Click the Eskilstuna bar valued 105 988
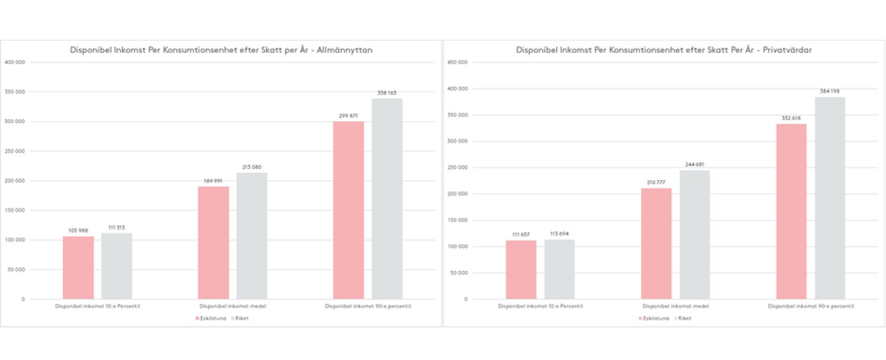click(78, 268)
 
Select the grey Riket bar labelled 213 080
click(252, 236)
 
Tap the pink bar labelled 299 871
click(348, 210)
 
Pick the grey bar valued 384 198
click(830, 198)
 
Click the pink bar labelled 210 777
click(656, 244)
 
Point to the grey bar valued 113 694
click(559, 270)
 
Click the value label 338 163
click(387, 93)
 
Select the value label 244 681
click(695, 165)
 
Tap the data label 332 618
click(791, 118)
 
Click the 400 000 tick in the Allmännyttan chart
click(15, 62)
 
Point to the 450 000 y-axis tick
click(458, 62)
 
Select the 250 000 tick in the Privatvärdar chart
click(458, 167)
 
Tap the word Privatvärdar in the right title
click(789, 50)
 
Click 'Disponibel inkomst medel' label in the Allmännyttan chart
click(233, 306)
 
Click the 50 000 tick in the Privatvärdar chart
click(459, 273)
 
